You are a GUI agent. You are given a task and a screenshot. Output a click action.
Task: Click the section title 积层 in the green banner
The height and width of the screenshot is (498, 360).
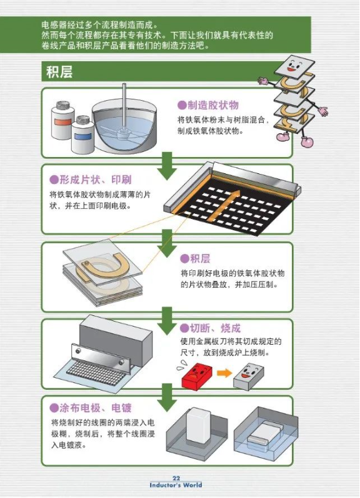pyautogui.click(x=59, y=72)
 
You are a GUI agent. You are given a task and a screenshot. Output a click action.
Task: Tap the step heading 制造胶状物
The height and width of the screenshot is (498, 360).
pyautogui.click(x=212, y=105)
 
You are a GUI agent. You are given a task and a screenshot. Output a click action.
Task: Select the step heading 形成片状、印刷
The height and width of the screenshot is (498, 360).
pyautogui.click(x=96, y=180)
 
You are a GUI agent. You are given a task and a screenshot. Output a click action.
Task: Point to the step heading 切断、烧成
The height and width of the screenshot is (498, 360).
pyautogui.click(x=216, y=328)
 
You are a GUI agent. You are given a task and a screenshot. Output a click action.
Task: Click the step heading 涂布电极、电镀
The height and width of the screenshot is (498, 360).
pyautogui.click(x=96, y=408)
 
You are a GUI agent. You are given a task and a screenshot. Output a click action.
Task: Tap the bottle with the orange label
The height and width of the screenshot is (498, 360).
pyautogui.click(x=62, y=120)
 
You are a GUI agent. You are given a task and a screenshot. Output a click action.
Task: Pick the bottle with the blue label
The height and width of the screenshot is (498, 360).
pyautogui.click(x=82, y=135)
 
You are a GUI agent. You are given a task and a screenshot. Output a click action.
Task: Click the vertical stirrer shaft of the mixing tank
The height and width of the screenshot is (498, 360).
pyautogui.click(x=123, y=106)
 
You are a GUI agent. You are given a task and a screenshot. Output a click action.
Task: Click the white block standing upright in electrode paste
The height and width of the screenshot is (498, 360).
pyautogui.click(x=198, y=425)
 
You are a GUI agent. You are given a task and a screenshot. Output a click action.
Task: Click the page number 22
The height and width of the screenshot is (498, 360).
pyautogui.click(x=176, y=478)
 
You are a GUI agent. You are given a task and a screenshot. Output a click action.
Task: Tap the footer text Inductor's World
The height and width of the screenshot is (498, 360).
pyautogui.click(x=176, y=485)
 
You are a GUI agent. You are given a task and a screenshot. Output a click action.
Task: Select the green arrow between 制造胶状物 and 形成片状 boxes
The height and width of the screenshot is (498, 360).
pyautogui.click(x=167, y=166)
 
